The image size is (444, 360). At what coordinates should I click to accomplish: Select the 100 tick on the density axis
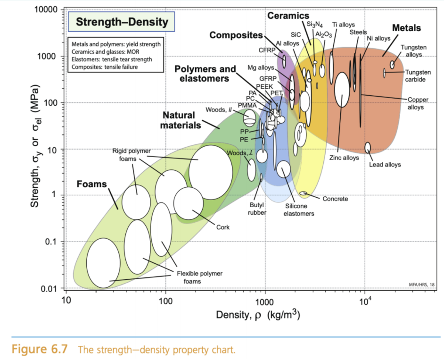pyautogui.click(x=165, y=301)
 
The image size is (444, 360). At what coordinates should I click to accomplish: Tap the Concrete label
pyautogui.click(x=335, y=199)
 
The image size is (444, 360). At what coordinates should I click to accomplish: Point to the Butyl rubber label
pyautogui.click(x=257, y=209)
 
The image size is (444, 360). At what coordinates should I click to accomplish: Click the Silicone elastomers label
pyautogui.click(x=299, y=210)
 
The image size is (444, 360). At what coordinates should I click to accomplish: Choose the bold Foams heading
pyautogui.click(x=92, y=184)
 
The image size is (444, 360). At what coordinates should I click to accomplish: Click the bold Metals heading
pyautogui.click(x=406, y=28)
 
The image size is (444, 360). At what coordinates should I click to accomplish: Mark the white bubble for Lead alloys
pyautogui.click(x=368, y=147)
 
